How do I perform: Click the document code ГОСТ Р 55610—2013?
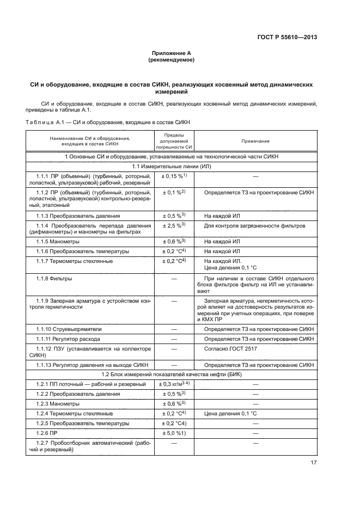[x=286, y=37]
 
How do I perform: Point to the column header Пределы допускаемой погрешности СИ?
[x=174, y=141]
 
